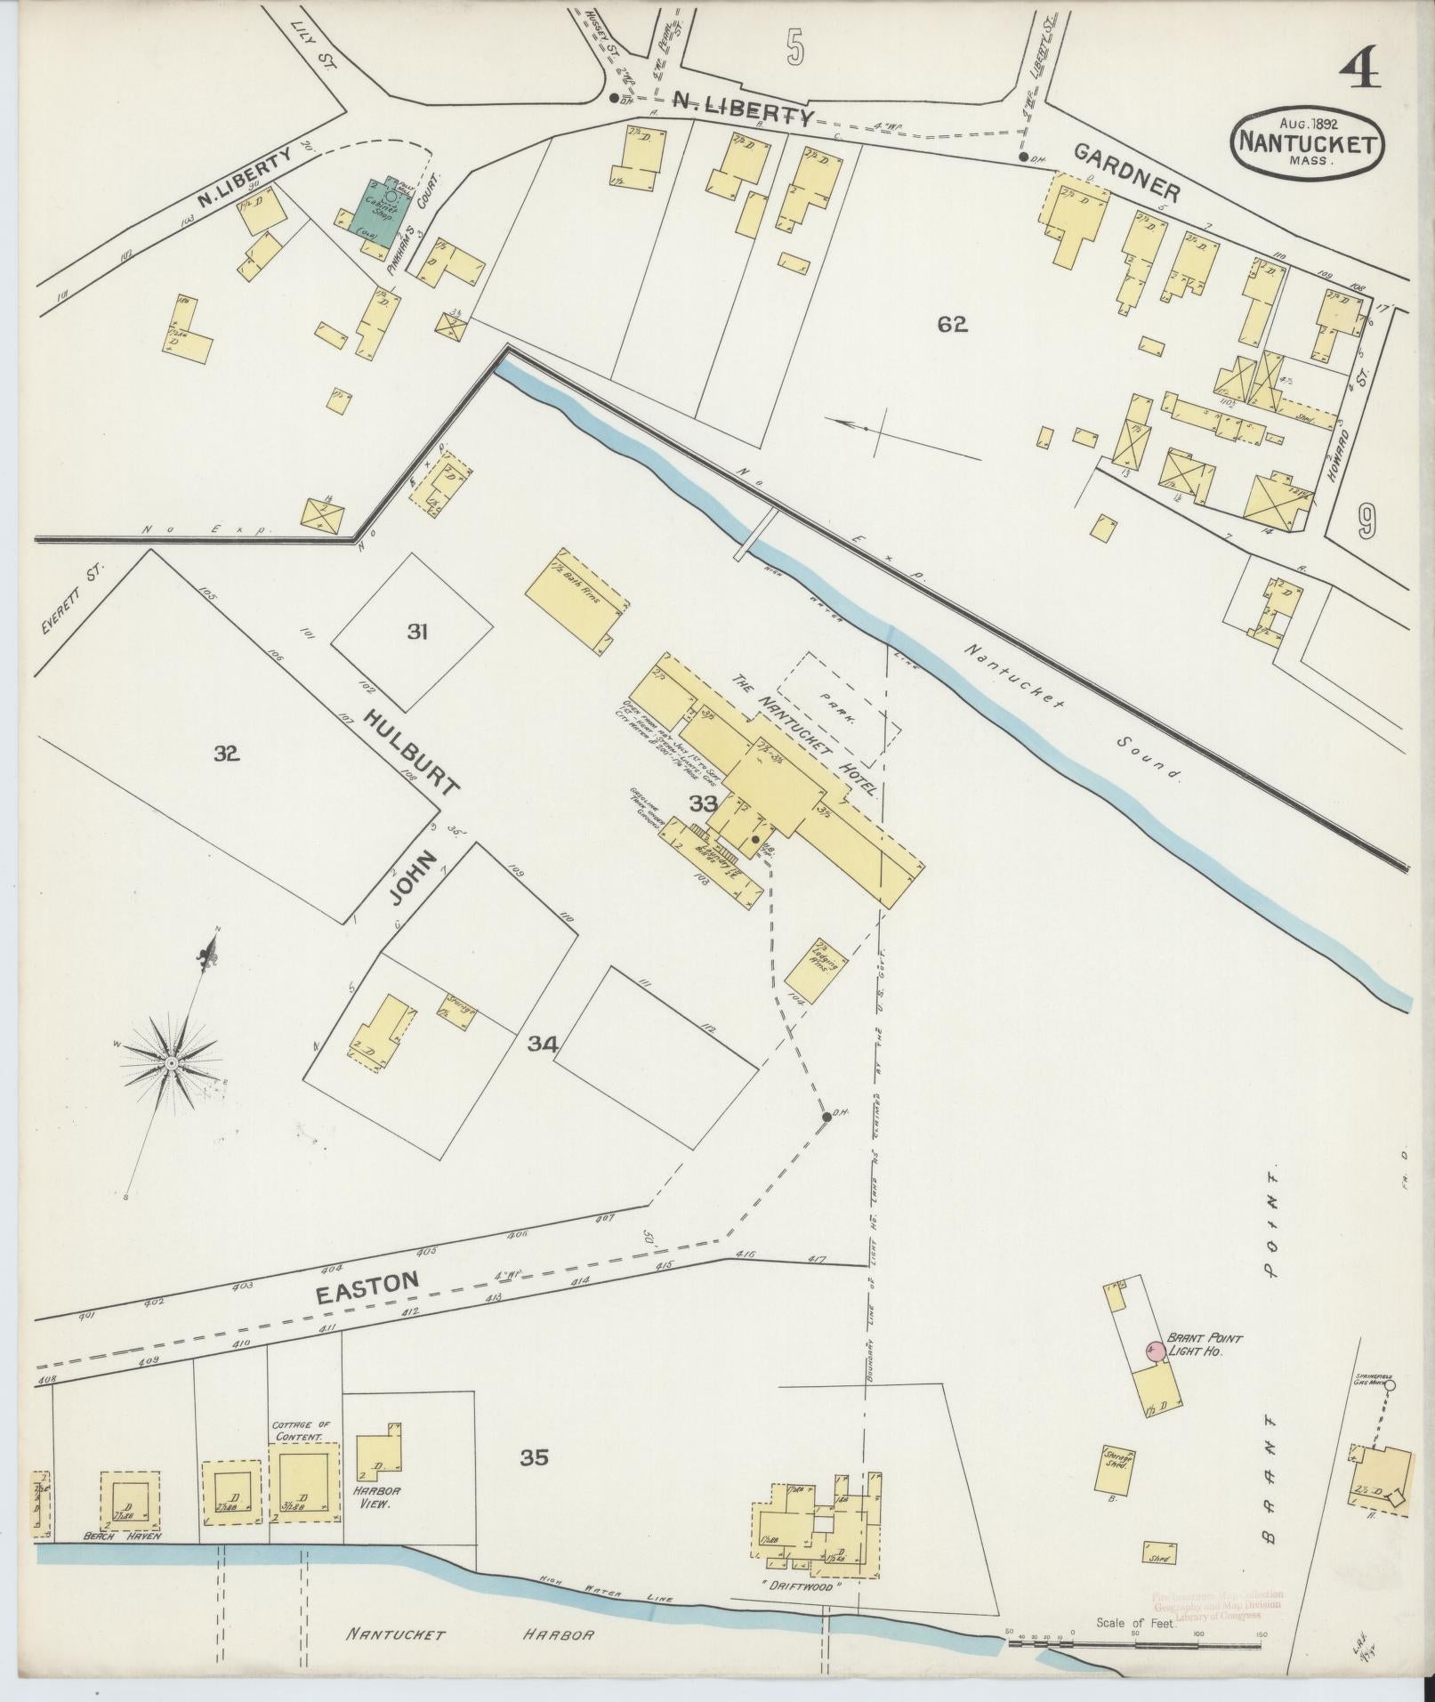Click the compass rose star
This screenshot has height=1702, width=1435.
click(x=171, y=1063)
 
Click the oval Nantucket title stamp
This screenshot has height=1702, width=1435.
click(x=1307, y=143)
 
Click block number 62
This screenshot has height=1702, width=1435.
click(x=951, y=324)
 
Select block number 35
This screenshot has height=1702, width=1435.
click(x=535, y=1457)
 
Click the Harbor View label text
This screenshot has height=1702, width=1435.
click(x=375, y=1496)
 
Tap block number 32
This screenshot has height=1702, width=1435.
click(x=227, y=754)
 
